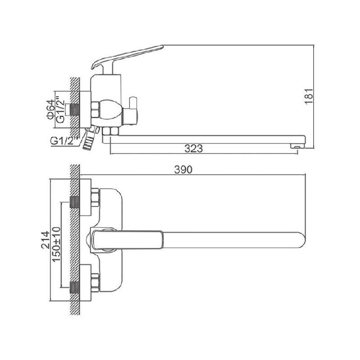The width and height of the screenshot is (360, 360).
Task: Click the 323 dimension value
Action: [x=193, y=148]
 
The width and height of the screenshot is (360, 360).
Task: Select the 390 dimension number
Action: [x=183, y=170]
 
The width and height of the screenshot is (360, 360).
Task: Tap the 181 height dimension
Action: [x=309, y=96]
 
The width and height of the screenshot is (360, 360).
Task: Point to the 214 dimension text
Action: [x=45, y=240]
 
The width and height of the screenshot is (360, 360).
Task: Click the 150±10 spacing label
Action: [x=56, y=244]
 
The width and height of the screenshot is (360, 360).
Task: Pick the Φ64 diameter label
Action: [x=49, y=109]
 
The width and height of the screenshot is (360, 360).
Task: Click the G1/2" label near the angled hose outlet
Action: [x=63, y=140]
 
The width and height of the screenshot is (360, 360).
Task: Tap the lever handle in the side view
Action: [x=127, y=58]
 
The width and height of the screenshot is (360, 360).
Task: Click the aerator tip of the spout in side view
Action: [x=297, y=145]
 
